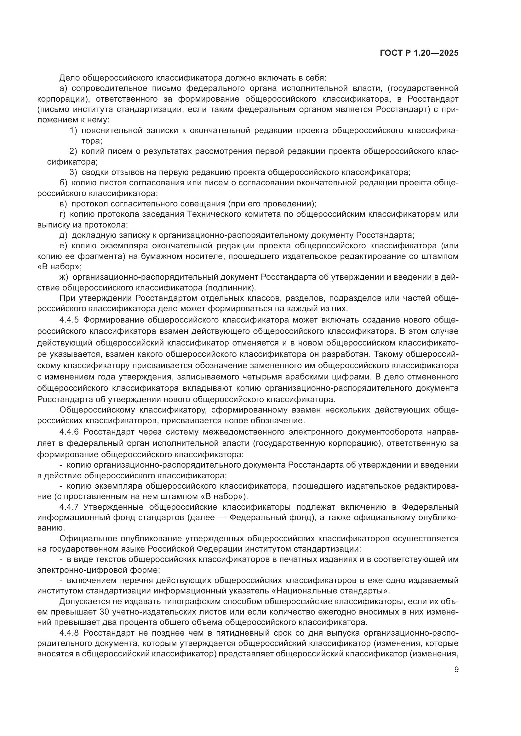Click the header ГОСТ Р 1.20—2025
click(x=419, y=53)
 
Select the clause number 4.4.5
click(x=69, y=320)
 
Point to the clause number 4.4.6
click(x=69, y=432)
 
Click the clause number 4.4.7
click(x=69, y=507)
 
